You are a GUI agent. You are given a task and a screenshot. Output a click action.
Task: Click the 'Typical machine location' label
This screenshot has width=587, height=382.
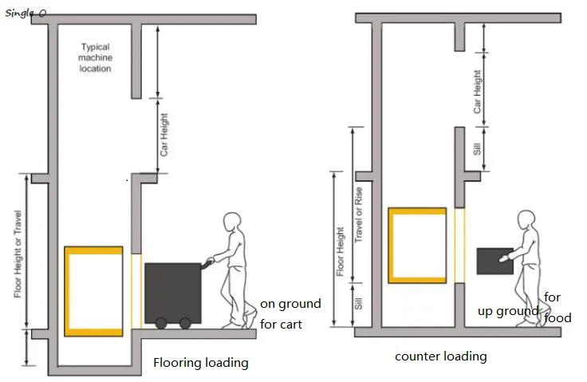pyautogui.click(x=95, y=57)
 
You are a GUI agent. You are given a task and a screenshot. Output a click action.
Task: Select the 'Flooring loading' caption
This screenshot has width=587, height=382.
pyautogui.click(x=200, y=363)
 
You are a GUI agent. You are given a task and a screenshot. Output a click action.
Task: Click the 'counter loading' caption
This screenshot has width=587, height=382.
pyautogui.click(x=440, y=356)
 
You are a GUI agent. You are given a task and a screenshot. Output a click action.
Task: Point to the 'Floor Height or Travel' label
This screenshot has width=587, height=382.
pyautogui.click(x=18, y=254)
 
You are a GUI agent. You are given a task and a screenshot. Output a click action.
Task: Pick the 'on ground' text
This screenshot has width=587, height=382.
pyautogui.click(x=290, y=304)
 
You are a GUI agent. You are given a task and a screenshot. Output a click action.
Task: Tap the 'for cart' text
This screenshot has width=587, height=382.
pyautogui.click(x=281, y=325)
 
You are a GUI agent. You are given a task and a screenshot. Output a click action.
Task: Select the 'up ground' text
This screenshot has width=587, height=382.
pyautogui.click(x=508, y=311)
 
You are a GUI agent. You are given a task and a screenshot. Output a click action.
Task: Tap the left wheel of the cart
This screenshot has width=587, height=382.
pyautogui.click(x=161, y=323)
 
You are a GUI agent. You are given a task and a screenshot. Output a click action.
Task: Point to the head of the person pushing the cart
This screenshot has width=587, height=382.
pyautogui.click(x=232, y=223)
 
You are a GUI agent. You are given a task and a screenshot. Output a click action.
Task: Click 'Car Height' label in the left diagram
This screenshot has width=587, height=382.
pyautogui.click(x=164, y=134)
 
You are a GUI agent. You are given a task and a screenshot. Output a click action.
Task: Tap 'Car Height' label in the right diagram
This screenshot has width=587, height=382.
pyautogui.click(x=478, y=92)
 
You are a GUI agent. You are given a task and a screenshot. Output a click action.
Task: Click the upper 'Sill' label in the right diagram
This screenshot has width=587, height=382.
pyautogui.click(x=477, y=148)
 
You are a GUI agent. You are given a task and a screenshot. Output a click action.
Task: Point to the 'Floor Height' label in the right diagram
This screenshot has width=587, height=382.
pyautogui.click(x=340, y=252)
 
